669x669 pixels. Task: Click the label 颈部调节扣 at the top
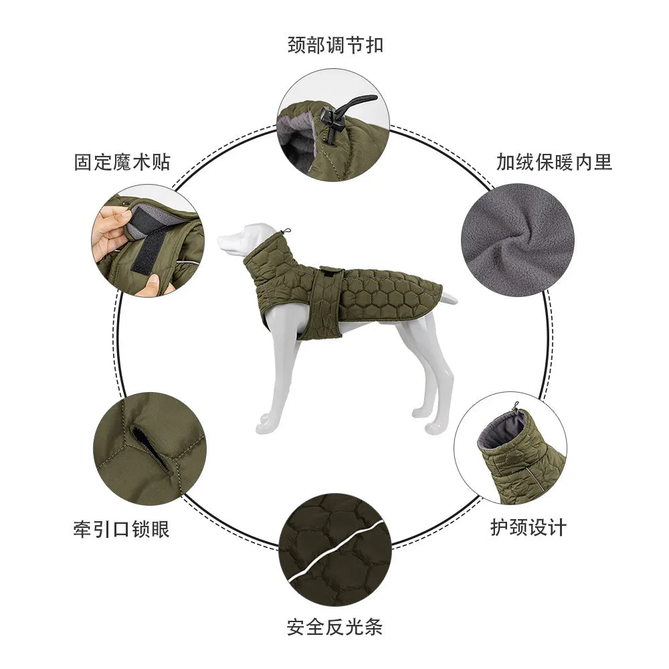[334, 45]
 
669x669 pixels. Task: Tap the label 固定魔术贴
[122, 162]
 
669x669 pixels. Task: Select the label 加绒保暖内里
[554, 161]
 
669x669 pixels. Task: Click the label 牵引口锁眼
[121, 529]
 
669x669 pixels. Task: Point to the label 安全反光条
[334, 627]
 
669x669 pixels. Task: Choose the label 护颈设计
[528, 527]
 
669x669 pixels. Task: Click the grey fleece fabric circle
[517, 240]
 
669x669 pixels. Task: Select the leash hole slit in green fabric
[151, 448]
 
